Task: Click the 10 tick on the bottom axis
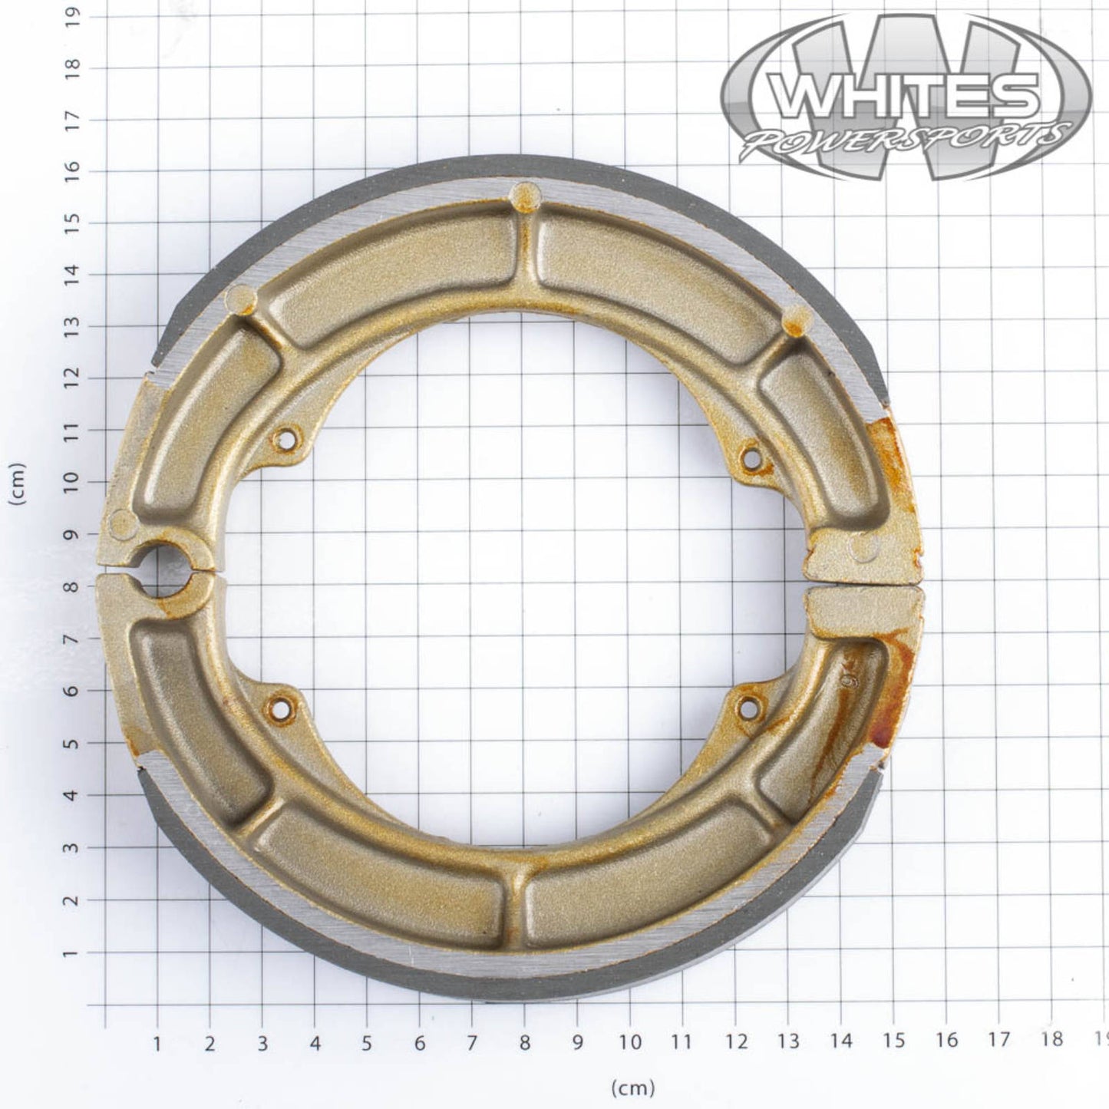(629, 1041)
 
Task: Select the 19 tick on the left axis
(72, 15)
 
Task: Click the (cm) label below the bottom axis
(633, 1087)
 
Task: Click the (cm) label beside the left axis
(17, 484)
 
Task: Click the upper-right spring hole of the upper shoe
(751, 459)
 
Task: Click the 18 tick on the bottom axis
(1051, 1039)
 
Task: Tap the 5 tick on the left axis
(72, 743)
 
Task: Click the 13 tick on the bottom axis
(788, 1041)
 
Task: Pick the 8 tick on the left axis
(72, 587)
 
